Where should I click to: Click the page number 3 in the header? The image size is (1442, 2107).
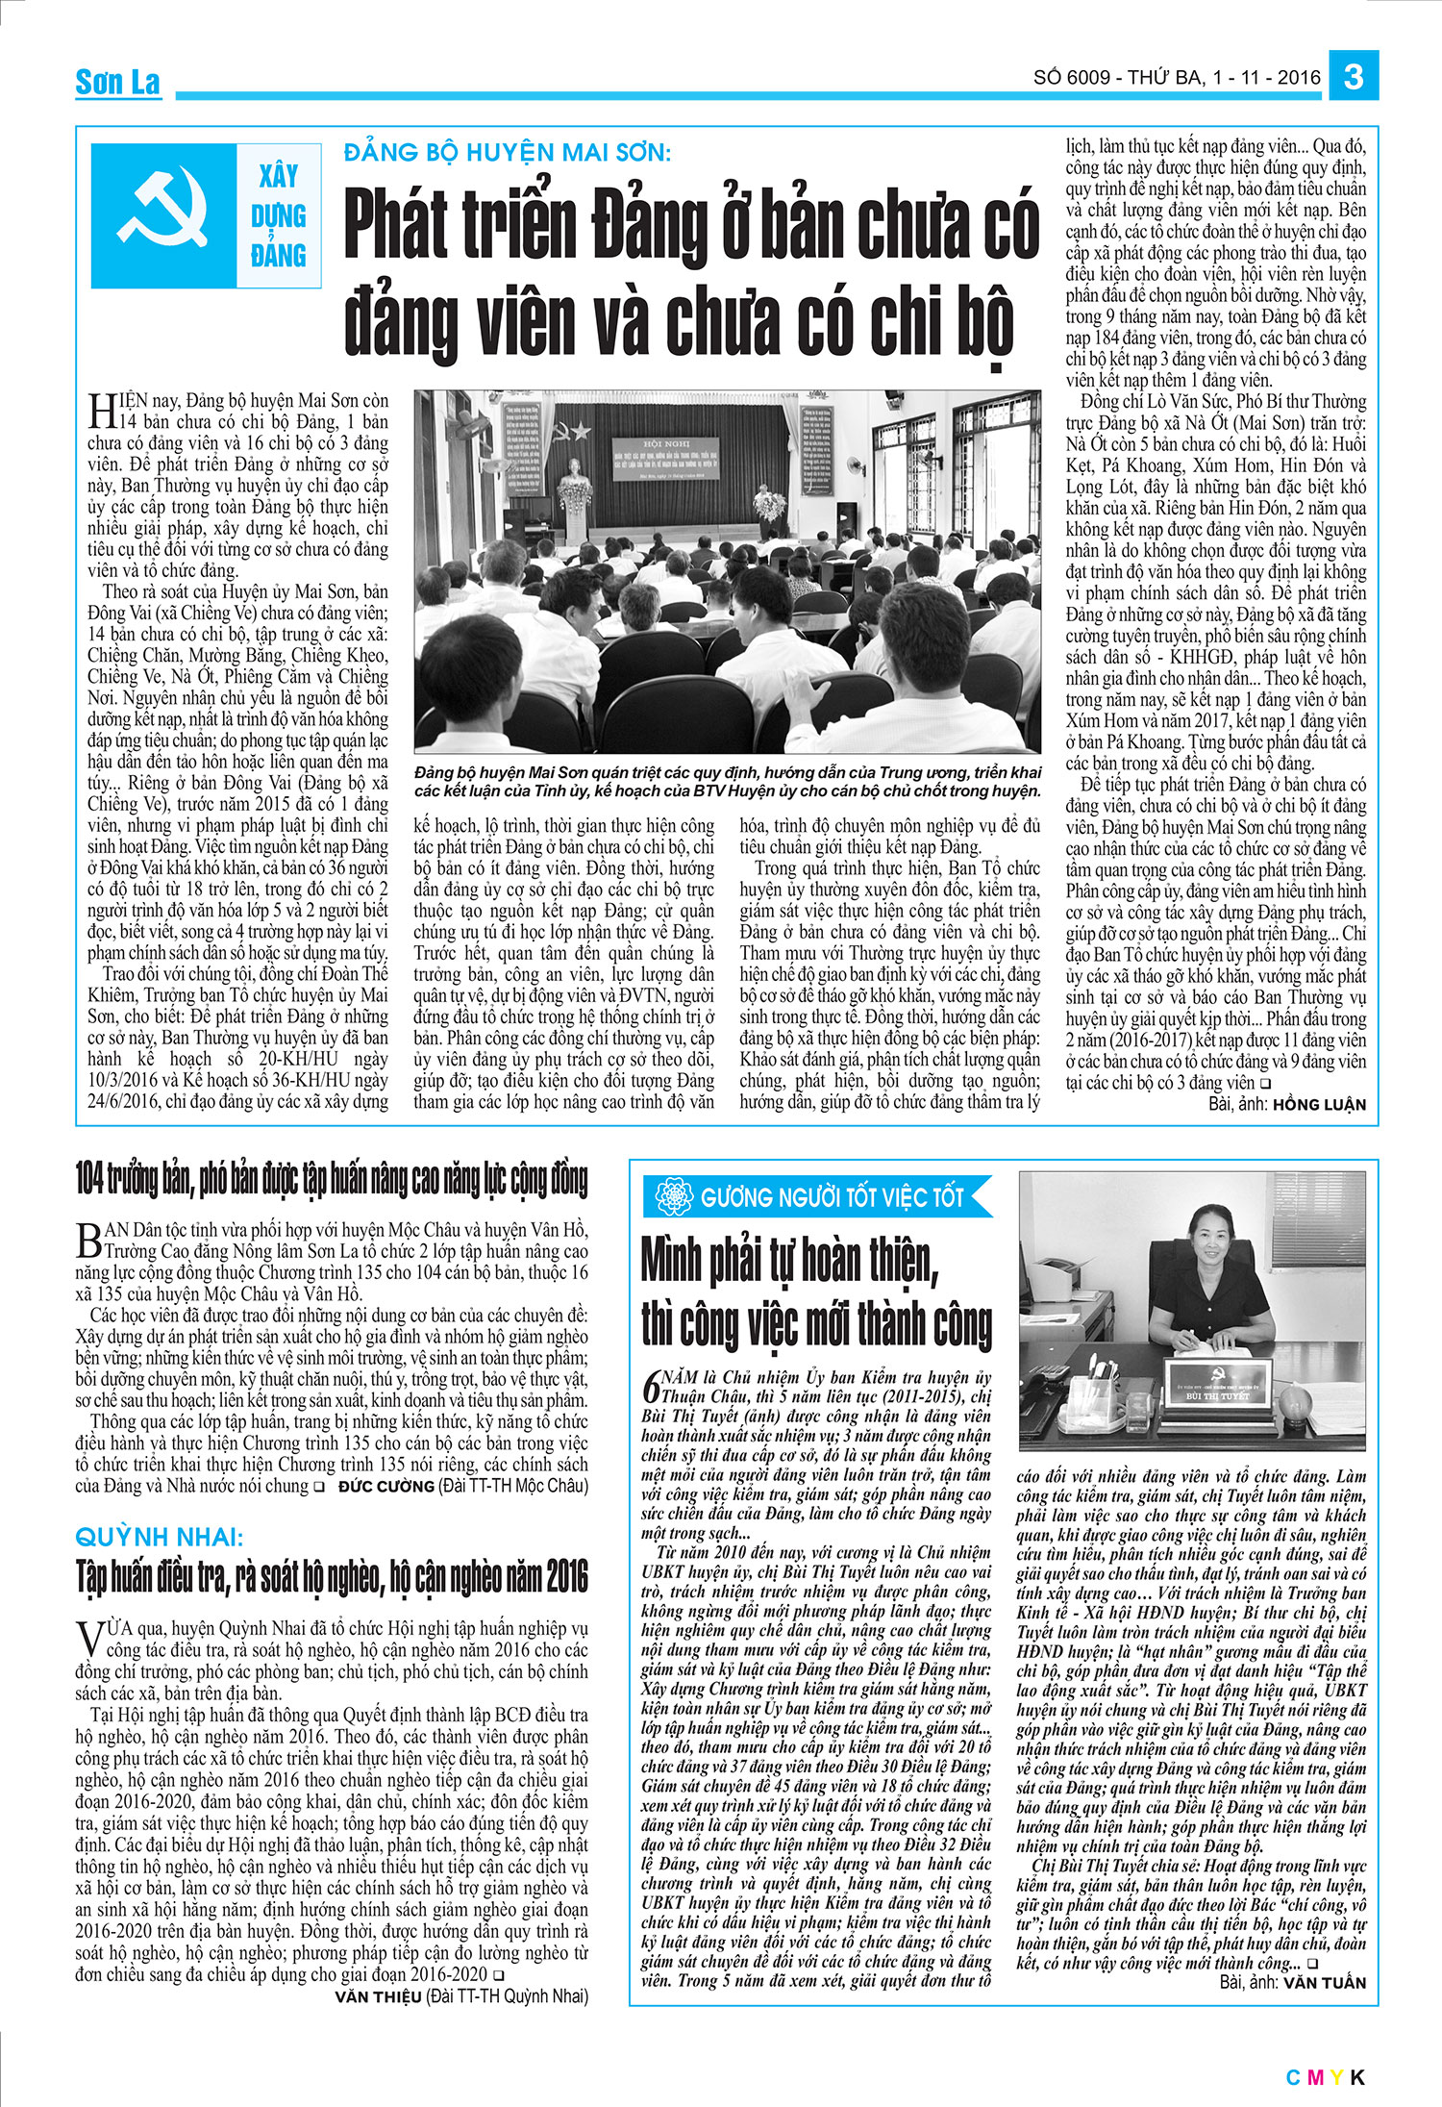coord(1354,76)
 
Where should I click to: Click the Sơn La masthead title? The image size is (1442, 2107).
coord(117,83)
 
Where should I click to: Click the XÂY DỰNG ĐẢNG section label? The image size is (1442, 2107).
coord(279,215)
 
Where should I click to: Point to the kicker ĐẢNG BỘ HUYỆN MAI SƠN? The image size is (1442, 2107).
coord(508,152)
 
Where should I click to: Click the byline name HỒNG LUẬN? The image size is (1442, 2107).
coord(1319,1105)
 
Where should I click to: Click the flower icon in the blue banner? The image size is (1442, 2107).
coord(675,1197)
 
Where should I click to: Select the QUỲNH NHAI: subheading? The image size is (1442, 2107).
coord(160,1536)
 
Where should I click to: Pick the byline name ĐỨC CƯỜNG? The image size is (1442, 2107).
coord(385,1486)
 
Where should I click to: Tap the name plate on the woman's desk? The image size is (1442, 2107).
coord(1218,1392)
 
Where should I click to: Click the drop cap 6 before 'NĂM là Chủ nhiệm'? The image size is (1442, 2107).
coord(651,1387)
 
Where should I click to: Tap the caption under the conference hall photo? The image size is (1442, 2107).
coord(728,782)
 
